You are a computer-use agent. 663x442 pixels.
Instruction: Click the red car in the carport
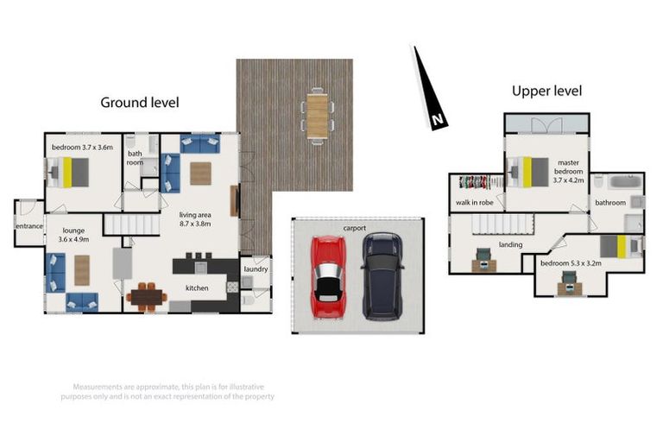click(327, 276)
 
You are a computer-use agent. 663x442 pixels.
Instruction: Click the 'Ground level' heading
click(140, 102)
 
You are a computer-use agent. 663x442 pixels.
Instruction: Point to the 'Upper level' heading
click(546, 91)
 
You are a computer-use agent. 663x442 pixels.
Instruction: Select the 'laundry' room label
click(256, 268)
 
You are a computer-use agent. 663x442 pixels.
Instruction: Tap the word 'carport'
click(355, 228)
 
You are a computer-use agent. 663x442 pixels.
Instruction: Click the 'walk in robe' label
click(474, 204)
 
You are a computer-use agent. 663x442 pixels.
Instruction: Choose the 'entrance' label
click(29, 225)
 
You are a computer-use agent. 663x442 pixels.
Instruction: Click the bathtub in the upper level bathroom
click(624, 182)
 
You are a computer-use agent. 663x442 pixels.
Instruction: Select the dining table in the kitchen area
click(147, 297)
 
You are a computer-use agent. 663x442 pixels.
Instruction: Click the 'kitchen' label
click(197, 287)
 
